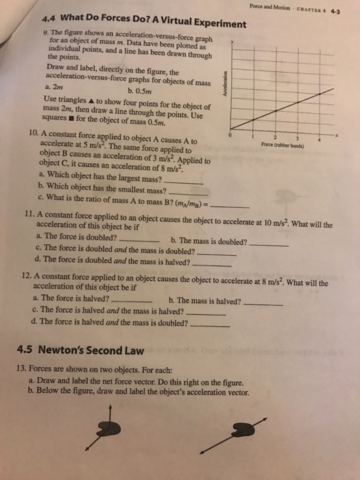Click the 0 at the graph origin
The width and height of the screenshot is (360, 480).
(x=231, y=136)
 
